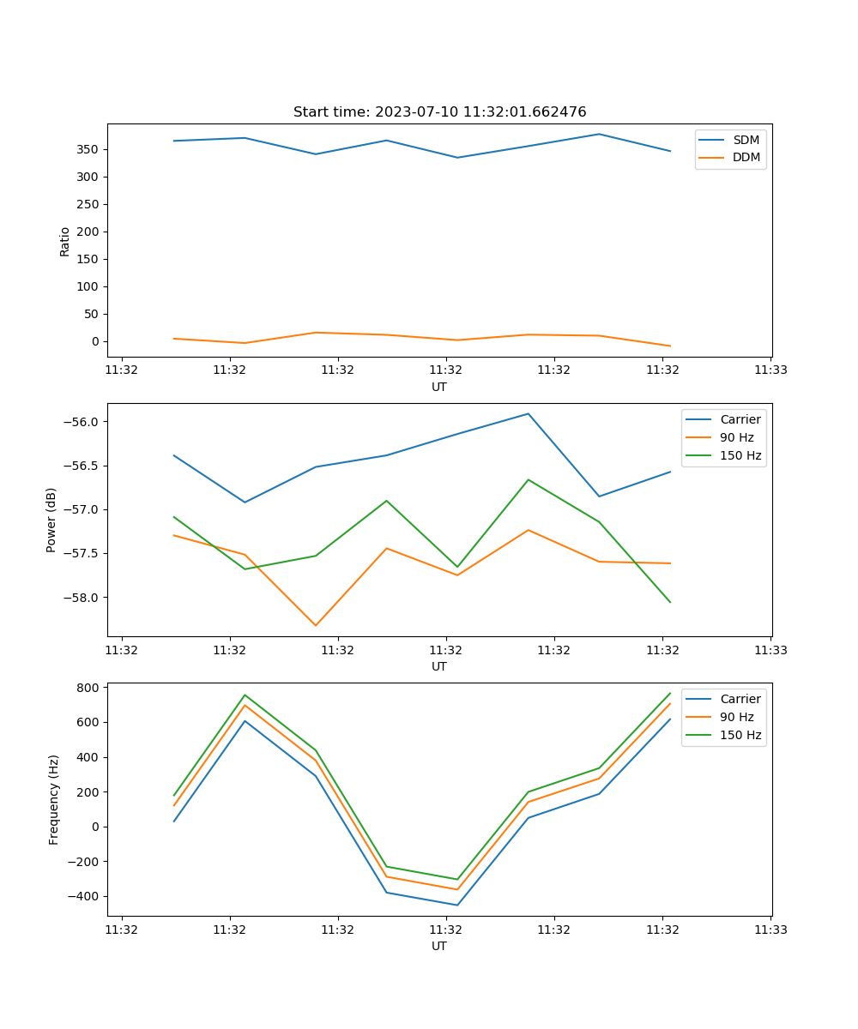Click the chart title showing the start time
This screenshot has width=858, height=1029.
click(439, 112)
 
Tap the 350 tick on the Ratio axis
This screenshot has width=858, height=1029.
click(88, 149)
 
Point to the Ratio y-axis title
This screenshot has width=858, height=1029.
click(65, 241)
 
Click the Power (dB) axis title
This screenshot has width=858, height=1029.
click(51, 520)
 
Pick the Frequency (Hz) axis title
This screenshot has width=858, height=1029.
click(54, 799)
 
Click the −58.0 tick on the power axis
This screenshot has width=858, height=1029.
click(82, 598)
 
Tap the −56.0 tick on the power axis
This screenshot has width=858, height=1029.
click(82, 422)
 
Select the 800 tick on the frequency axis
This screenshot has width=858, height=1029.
click(89, 688)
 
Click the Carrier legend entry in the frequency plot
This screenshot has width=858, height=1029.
click(740, 699)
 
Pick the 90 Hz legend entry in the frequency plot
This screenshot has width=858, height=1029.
click(736, 717)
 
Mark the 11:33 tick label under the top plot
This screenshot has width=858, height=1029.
click(770, 370)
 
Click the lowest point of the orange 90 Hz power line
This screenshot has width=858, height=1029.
click(316, 625)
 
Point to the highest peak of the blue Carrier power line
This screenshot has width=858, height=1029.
click(529, 413)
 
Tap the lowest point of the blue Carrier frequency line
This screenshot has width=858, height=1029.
click(457, 905)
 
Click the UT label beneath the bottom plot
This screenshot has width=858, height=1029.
click(439, 946)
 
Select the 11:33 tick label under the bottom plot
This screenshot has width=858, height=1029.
click(770, 930)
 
